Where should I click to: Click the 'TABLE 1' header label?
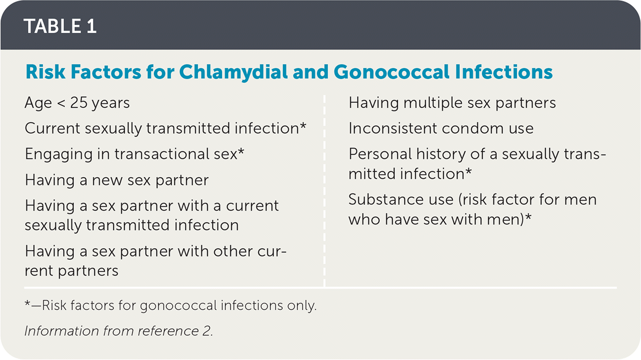click(x=60, y=26)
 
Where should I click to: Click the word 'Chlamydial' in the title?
click(x=233, y=72)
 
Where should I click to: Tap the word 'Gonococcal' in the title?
click(x=392, y=72)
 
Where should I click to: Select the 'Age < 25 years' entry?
click(x=77, y=103)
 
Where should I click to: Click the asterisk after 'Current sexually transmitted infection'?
click(x=303, y=126)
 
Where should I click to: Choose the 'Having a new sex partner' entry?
click(x=117, y=180)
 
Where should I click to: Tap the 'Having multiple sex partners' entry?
click(x=452, y=103)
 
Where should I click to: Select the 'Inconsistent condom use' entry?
click(x=441, y=128)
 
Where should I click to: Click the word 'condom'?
click(x=473, y=128)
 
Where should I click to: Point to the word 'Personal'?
click(x=380, y=154)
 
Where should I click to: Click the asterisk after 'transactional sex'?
click(x=241, y=151)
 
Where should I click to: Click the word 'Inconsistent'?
click(x=393, y=128)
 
